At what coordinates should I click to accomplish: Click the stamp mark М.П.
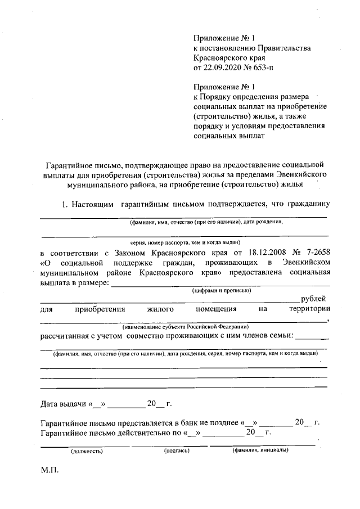pyautogui.click(x=49, y=468)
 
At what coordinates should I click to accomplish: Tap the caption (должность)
pyautogui.click(x=85, y=451)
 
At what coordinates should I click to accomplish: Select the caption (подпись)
pyautogui.click(x=177, y=451)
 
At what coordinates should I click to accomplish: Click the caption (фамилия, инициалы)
pyautogui.click(x=259, y=450)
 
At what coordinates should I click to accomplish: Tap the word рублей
pyautogui.click(x=313, y=299)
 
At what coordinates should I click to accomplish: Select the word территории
pyautogui.click(x=309, y=309)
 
